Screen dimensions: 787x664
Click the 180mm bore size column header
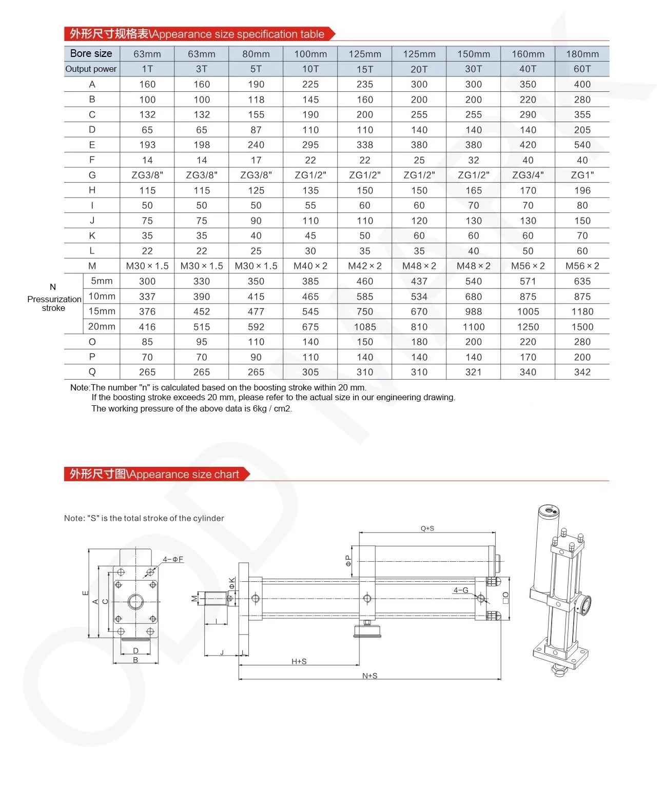click(x=582, y=54)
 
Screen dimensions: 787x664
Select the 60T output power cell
click(x=582, y=69)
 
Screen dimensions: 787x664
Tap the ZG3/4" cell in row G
click(x=528, y=175)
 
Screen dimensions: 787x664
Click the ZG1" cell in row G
click(x=582, y=175)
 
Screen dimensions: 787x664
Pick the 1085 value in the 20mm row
click(x=364, y=327)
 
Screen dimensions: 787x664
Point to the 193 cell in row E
click(x=147, y=145)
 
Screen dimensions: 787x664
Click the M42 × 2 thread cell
click(x=364, y=266)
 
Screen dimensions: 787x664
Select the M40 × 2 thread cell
click(x=310, y=266)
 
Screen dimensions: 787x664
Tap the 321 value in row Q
click(x=473, y=372)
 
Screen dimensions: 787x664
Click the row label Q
click(x=92, y=372)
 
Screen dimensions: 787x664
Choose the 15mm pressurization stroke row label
click(x=102, y=311)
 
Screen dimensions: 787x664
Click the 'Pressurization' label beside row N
click(x=54, y=299)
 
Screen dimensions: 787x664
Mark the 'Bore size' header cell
click(x=91, y=53)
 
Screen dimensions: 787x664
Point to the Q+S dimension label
click(x=427, y=528)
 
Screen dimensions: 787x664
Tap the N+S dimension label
click(x=369, y=676)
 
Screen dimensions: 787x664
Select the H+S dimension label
click(x=299, y=661)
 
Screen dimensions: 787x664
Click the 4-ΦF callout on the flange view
click(x=173, y=559)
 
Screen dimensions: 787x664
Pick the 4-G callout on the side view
click(x=460, y=590)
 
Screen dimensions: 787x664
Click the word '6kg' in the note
click(x=260, y=408)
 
